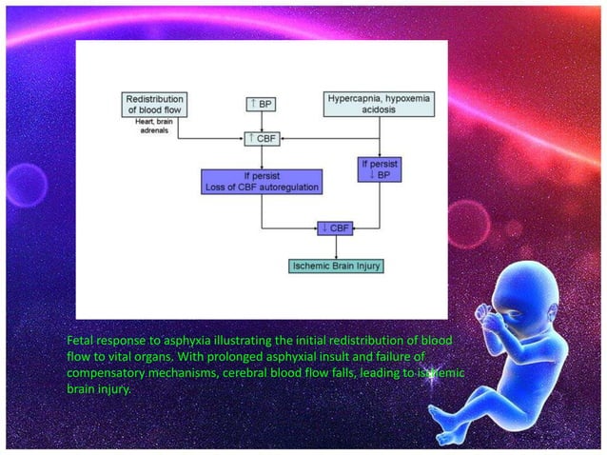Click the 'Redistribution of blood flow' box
click(x=154, y=104)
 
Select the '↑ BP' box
click(x=261, y=103)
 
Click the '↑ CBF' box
click(x=261, y=139)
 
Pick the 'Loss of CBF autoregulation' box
click(x=261, y=181)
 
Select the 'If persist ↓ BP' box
click(x=379, y=170)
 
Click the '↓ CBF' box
click(x=335, y=227)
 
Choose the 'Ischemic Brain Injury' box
click(x=335, y=265)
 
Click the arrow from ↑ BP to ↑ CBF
click(x=261, y=121)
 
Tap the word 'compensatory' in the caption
click(x=112, y=372)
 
